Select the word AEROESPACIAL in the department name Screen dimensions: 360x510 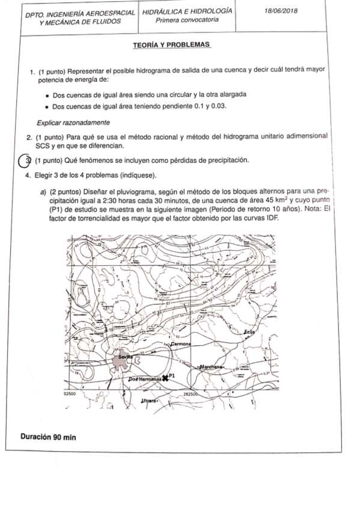click(111, 13)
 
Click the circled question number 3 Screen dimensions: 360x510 click(25, 161)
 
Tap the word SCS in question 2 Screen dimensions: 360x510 click(43, 146)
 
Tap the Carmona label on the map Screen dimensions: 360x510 click(180, 344)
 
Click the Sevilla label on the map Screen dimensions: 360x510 click(124, 356)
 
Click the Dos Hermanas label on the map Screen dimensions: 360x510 click(145, 379)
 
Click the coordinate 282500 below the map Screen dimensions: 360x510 click(193, 392)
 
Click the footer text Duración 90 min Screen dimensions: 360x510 click(48, 436)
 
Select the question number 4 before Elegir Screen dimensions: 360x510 click(28, 175)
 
